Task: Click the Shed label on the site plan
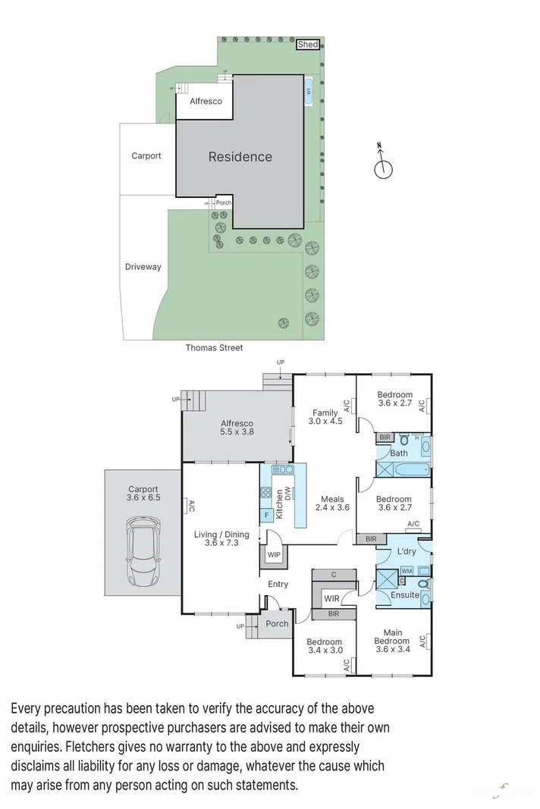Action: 308,45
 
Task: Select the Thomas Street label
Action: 215,348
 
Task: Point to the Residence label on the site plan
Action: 240,157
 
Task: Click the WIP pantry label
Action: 274,555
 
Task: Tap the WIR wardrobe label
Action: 331,599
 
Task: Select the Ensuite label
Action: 404,595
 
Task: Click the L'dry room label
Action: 406,551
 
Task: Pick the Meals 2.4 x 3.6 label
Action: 334,503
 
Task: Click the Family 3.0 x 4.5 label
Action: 325,418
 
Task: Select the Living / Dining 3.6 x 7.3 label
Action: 216,539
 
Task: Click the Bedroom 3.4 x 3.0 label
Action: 325,645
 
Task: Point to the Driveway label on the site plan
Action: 143,267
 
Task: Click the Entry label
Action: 278,584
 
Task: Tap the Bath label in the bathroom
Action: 399,453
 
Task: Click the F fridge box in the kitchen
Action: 266,516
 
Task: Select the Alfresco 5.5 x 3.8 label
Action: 237,428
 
